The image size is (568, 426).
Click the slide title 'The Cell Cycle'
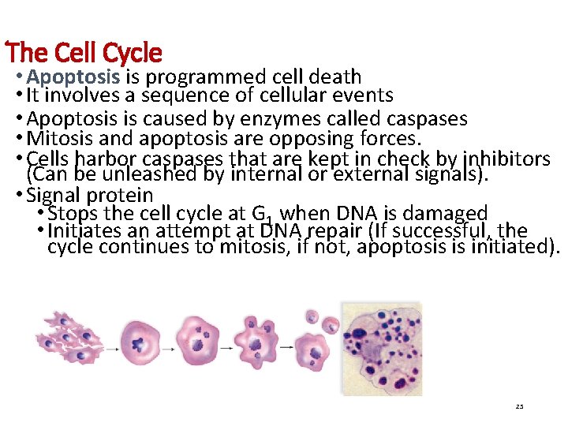pos(85,53)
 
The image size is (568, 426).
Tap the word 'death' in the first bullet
pos(334,77)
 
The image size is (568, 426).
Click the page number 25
pos(518,406)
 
